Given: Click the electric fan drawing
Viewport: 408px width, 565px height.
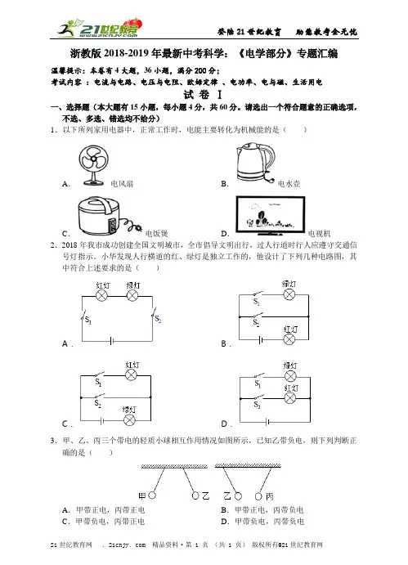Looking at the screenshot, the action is [93, 165].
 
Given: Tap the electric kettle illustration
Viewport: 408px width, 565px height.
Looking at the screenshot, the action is [255, 163].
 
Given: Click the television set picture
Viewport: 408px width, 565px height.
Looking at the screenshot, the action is [271, 216].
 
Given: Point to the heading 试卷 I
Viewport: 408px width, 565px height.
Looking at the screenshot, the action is [203, 95].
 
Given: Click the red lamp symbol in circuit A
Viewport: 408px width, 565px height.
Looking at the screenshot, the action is [101, 296].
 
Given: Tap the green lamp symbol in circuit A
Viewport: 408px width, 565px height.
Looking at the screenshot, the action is [132, 296].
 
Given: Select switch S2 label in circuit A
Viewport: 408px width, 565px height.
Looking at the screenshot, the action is [158, 319].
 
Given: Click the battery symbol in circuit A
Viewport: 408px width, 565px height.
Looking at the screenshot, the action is [112, 340].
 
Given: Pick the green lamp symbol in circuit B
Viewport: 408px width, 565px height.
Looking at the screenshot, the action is [289, 294].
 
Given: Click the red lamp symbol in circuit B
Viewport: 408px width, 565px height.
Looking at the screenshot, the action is [289, 339].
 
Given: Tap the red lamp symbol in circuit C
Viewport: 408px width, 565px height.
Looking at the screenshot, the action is [131, 375].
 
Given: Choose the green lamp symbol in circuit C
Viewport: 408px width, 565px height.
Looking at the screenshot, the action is [129, 420].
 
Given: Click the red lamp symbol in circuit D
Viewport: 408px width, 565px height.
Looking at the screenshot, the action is [290, 398].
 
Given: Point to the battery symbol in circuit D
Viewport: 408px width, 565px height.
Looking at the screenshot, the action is [267, 422].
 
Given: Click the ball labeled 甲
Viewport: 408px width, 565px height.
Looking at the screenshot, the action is [152, 495].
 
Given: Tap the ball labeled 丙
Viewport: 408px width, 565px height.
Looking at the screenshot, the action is [258, 496].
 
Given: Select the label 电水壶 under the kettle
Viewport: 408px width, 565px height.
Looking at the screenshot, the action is [289, 184].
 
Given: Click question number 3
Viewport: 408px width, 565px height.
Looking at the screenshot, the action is [54, 441].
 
